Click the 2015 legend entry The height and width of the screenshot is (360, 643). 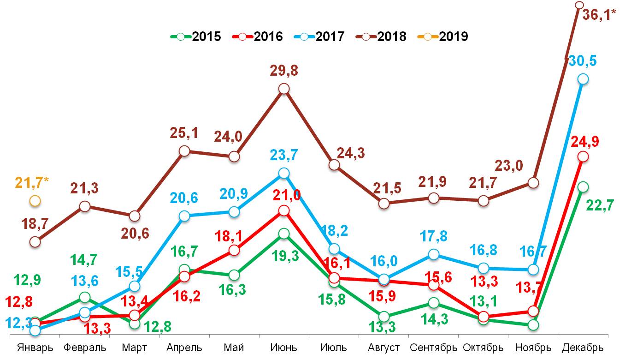coord(196,36)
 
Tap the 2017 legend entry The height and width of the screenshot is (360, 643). coord(319,36)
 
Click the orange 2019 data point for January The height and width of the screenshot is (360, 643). coord(35,201)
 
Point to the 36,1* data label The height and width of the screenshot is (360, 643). coord(599,15)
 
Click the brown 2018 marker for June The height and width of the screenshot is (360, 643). coord(284,89)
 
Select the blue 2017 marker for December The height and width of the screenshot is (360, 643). coord(583,79)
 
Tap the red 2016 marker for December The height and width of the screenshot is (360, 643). coord(583,156)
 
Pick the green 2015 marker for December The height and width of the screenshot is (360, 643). coord(583,187)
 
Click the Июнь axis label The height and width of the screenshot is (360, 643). coord(284,348)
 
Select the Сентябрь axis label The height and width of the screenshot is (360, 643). coord(433,348)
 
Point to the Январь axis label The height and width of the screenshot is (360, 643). coord(35,348)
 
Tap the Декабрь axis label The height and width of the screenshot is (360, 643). coord(583,348)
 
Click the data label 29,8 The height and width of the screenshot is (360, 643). coord(284,71)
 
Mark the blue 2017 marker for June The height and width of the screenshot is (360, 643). coord(284,173)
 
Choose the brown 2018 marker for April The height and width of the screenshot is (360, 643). coord(184,151)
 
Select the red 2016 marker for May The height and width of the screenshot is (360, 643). coord(234,251)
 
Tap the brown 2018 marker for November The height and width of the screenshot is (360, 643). coord(533,183)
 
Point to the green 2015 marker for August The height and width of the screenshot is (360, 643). coord(383,317)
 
